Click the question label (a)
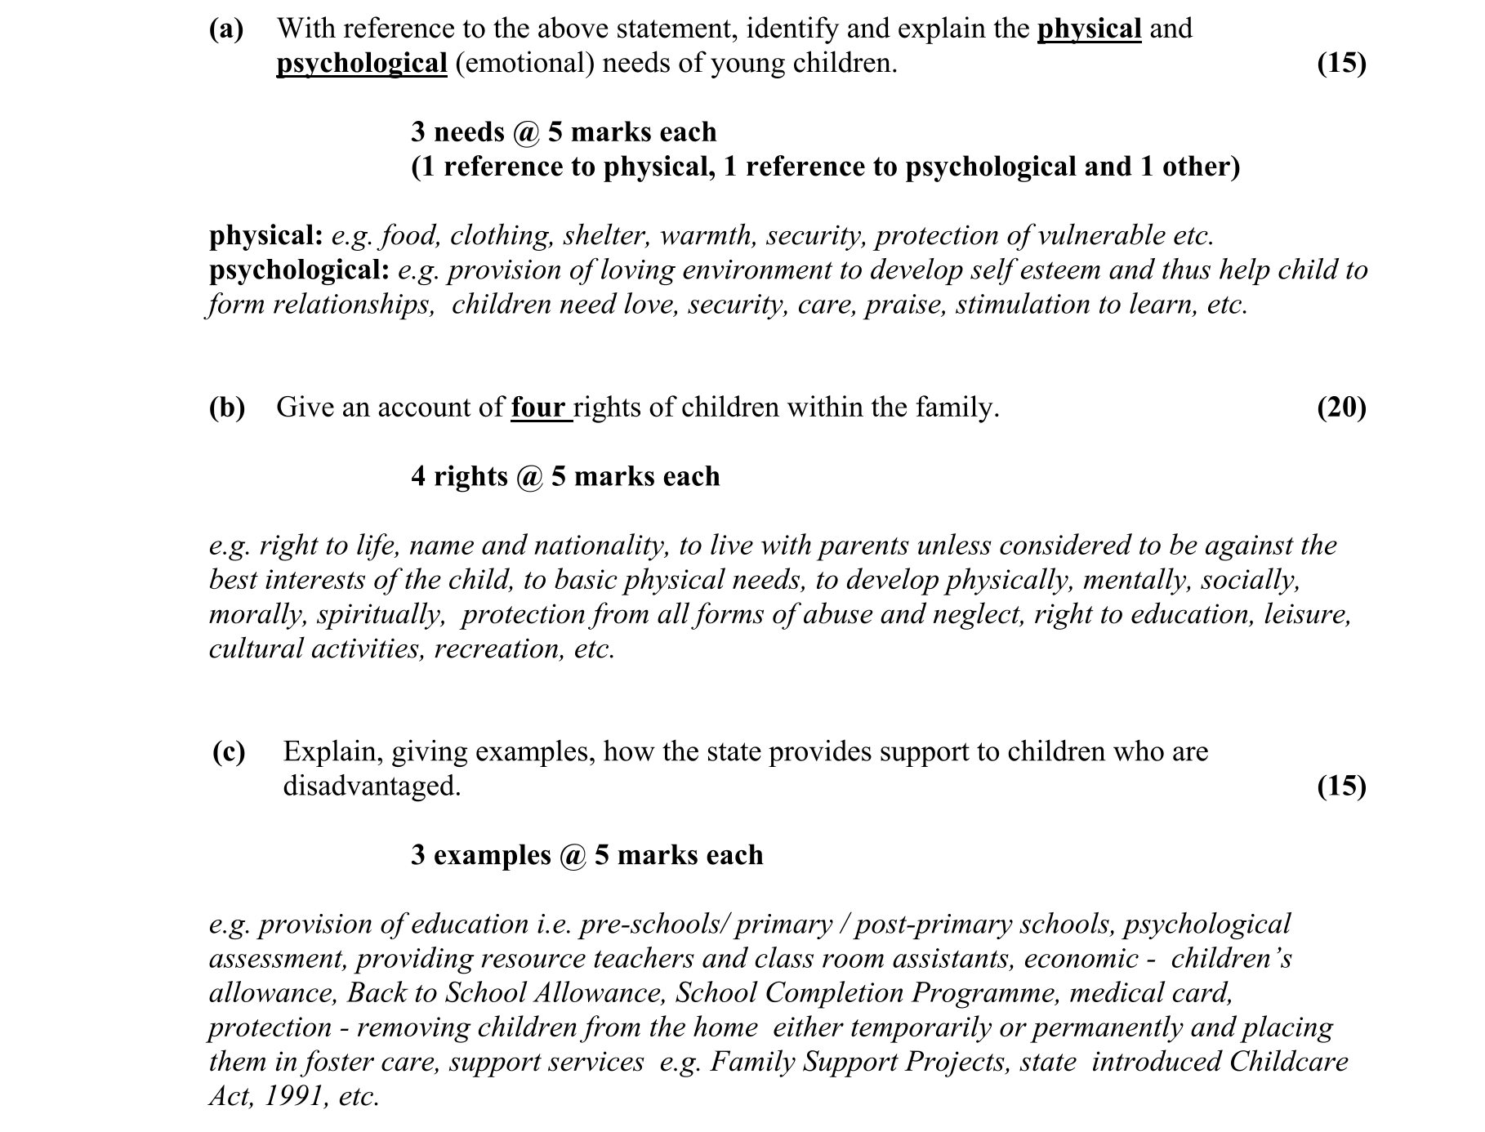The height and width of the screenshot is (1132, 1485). [226, 29]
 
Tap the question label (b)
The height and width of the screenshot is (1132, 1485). [226, 408]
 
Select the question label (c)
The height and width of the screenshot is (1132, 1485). [229, 751]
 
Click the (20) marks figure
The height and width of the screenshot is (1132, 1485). [1341, 408]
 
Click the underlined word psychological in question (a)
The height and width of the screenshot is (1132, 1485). [362, 64]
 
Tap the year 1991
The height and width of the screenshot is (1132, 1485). [290, 1096]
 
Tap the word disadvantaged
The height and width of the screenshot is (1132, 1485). [372, 786]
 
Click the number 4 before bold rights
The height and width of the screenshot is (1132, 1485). [418, 476]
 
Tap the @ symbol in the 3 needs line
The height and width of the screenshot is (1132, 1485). [526, 132]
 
